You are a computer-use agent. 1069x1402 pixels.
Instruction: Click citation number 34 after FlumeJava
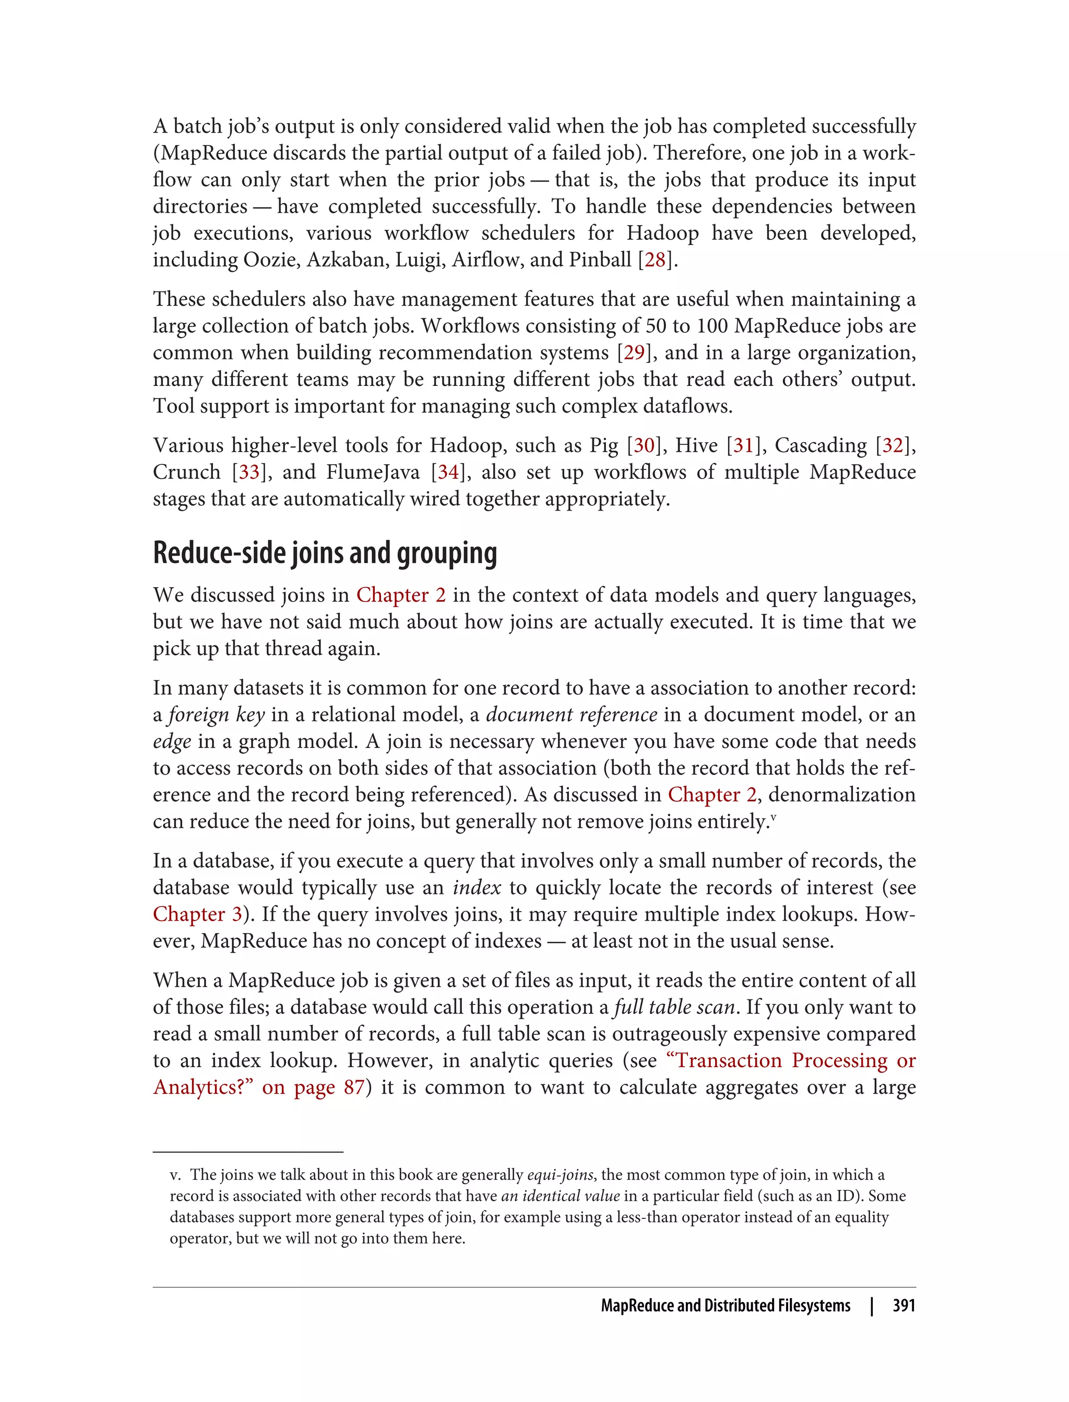(x=448, y=472)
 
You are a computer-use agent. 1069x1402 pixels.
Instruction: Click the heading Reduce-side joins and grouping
(x=325, y=552)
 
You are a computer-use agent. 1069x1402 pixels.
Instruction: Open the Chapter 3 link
(x=197, y=914)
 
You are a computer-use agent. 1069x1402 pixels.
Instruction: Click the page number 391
(x=904, y=1306)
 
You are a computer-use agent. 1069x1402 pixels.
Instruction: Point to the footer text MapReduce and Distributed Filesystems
(x=726, y=1306)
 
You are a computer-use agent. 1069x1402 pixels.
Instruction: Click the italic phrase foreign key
(x=216, y=715)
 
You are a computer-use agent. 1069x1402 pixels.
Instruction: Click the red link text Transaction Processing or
(x=791, y=1060)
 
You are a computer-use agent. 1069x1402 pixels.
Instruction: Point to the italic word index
(x=477, y=888)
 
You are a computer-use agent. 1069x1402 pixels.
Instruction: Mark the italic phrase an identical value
(x=560, y=1196)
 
